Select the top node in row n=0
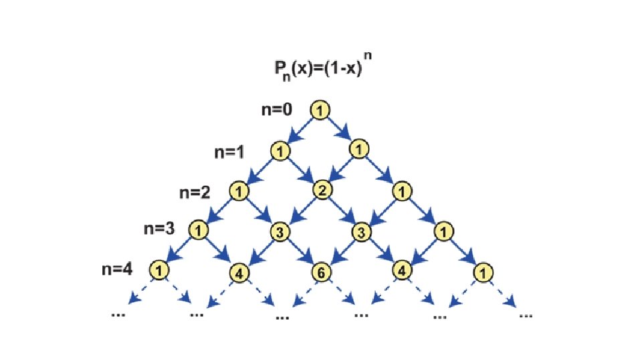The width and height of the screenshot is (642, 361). click(x=320, y=111)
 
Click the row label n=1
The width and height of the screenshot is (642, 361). click(x=230, y=152)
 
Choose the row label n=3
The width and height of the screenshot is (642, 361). click(x=159, y=229)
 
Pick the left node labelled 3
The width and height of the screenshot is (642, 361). click(x=280, y=232)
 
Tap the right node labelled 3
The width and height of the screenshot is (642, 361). click(x=361, y=232)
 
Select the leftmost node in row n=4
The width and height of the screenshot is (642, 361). click(x=159, y=271)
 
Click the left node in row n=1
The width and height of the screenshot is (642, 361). click(x=280, y=151)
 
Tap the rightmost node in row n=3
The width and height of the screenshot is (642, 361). click(x=442, y=232)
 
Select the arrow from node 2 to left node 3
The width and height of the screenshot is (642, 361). click(x=301, y=211)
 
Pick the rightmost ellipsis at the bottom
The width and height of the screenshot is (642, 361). click(x=526, y=314)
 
